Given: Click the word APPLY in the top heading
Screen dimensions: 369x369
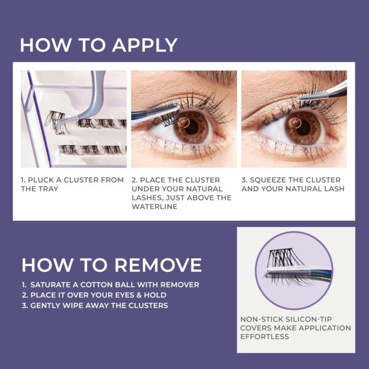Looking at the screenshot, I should point(145,45).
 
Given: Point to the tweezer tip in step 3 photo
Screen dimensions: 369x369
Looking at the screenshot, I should point(303,97).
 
